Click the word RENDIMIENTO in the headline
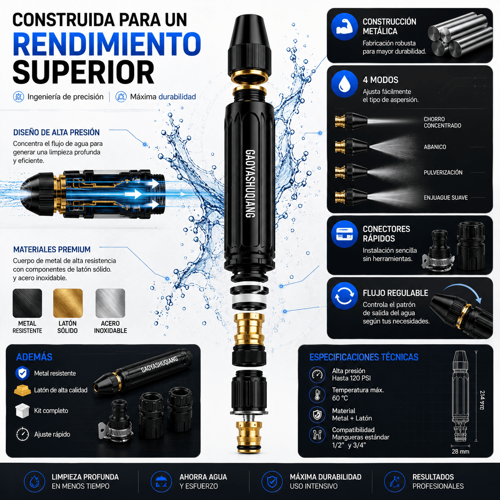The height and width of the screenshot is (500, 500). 107,44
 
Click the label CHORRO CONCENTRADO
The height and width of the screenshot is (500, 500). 442,122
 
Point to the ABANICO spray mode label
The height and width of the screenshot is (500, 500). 435,147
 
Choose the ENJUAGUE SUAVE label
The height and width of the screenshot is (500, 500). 445,198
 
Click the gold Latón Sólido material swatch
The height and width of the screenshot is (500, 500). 68,303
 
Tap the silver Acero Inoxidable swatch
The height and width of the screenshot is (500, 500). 110,303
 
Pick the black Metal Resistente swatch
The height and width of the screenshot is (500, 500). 27,303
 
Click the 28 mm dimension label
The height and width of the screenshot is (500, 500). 460,451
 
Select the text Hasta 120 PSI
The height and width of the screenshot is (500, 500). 351,378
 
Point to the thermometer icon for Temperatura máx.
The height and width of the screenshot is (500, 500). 317,394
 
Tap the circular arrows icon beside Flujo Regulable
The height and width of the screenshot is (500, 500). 344,296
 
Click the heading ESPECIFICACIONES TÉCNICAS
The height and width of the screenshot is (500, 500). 364,357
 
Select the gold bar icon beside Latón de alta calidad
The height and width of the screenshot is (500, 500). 22,390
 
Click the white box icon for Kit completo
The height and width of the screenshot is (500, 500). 22,410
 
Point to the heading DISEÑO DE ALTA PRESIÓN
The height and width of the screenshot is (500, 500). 56,132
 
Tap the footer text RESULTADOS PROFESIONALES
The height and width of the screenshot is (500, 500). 438,481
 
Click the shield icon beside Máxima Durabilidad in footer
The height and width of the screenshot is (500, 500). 272,482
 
